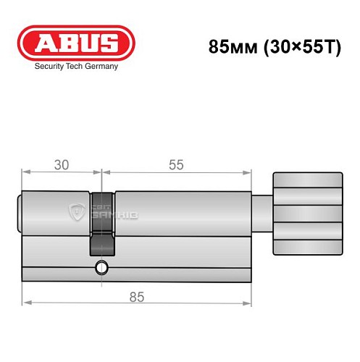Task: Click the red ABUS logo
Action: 75,42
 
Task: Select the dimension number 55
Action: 175,164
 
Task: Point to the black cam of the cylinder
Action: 103,222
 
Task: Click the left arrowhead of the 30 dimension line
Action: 25,172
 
